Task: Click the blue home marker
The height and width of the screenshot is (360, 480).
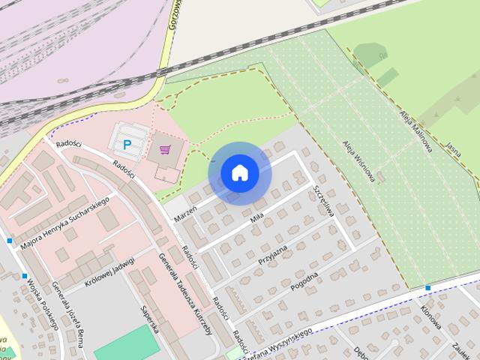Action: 240,172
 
